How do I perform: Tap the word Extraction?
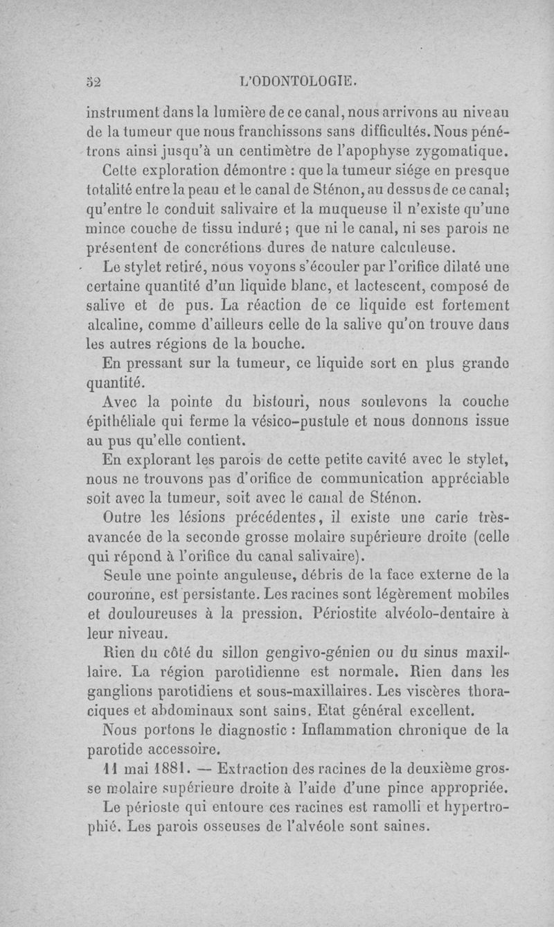(240, 768)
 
